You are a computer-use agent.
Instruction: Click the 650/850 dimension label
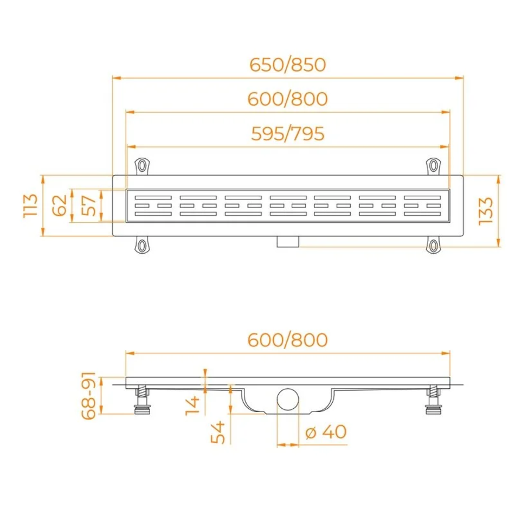pos(288,65)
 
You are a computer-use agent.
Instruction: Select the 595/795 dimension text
pos(288,134)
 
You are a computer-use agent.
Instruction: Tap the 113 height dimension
pos(30,205)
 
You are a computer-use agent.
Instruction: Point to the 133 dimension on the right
pos(486,211)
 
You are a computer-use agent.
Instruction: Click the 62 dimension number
pos(60,205)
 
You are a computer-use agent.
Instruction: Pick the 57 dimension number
pos(88,205)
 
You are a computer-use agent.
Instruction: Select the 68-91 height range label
pos(89,396)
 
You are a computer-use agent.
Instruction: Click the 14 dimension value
pos(192,405)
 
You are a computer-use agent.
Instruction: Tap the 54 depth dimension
pos(217,432)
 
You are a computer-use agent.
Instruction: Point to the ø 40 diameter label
pos(326,432)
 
